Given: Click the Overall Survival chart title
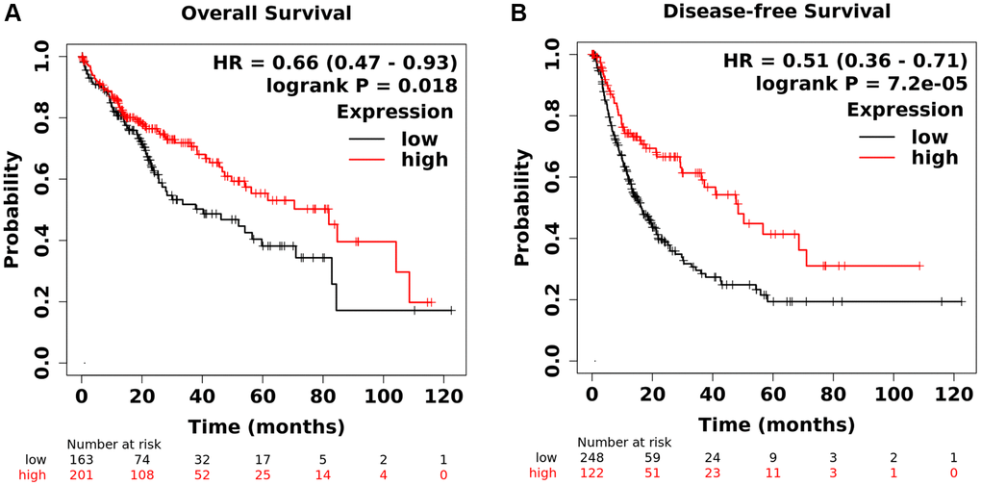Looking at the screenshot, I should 255,13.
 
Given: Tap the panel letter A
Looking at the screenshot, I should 13,13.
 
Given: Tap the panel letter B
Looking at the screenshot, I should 519,13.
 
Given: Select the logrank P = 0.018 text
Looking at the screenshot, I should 361,87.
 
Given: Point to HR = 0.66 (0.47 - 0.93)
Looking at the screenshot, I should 334,63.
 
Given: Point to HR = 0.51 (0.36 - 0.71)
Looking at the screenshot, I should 845,61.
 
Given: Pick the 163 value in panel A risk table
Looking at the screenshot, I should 82,459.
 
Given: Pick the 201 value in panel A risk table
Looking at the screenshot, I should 82,474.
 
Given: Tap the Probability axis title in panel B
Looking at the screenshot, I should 523,207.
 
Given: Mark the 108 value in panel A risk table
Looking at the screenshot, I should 142,474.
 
